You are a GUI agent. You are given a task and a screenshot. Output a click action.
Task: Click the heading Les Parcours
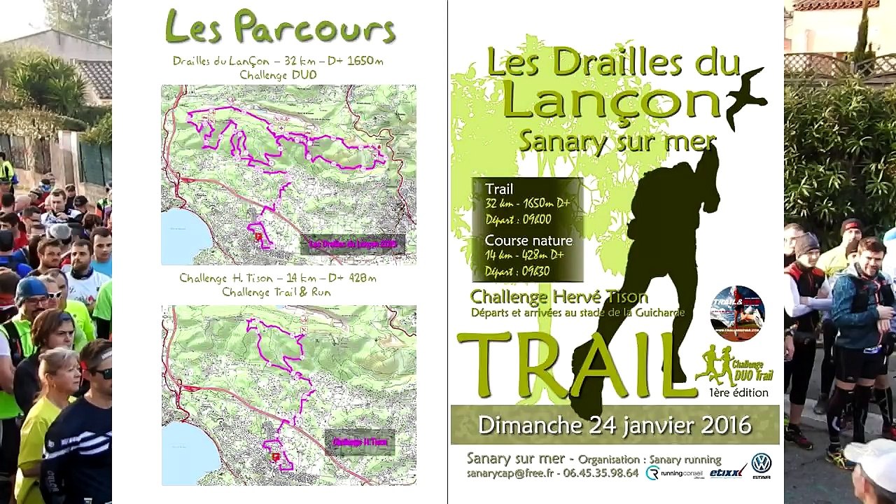point(280,28)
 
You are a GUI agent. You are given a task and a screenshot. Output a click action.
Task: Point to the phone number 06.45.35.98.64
point(601,473)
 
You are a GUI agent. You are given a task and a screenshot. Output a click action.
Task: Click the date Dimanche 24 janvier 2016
point(614,424)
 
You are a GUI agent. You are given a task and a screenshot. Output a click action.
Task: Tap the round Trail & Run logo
point(737,313)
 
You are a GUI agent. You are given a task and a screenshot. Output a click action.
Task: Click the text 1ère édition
point(738,393)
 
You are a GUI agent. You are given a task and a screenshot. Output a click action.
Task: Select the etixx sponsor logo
point(728,473)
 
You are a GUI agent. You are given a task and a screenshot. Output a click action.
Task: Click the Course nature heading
point(528,240)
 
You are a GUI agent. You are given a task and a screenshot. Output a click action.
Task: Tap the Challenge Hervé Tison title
point(559,296)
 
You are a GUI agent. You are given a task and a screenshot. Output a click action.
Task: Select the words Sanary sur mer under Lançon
point(616,141)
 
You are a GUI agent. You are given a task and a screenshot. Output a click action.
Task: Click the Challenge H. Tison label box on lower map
point(360,442)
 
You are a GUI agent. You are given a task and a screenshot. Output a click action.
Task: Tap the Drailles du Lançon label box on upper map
point(353,244)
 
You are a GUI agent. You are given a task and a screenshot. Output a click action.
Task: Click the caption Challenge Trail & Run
point(276,292)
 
